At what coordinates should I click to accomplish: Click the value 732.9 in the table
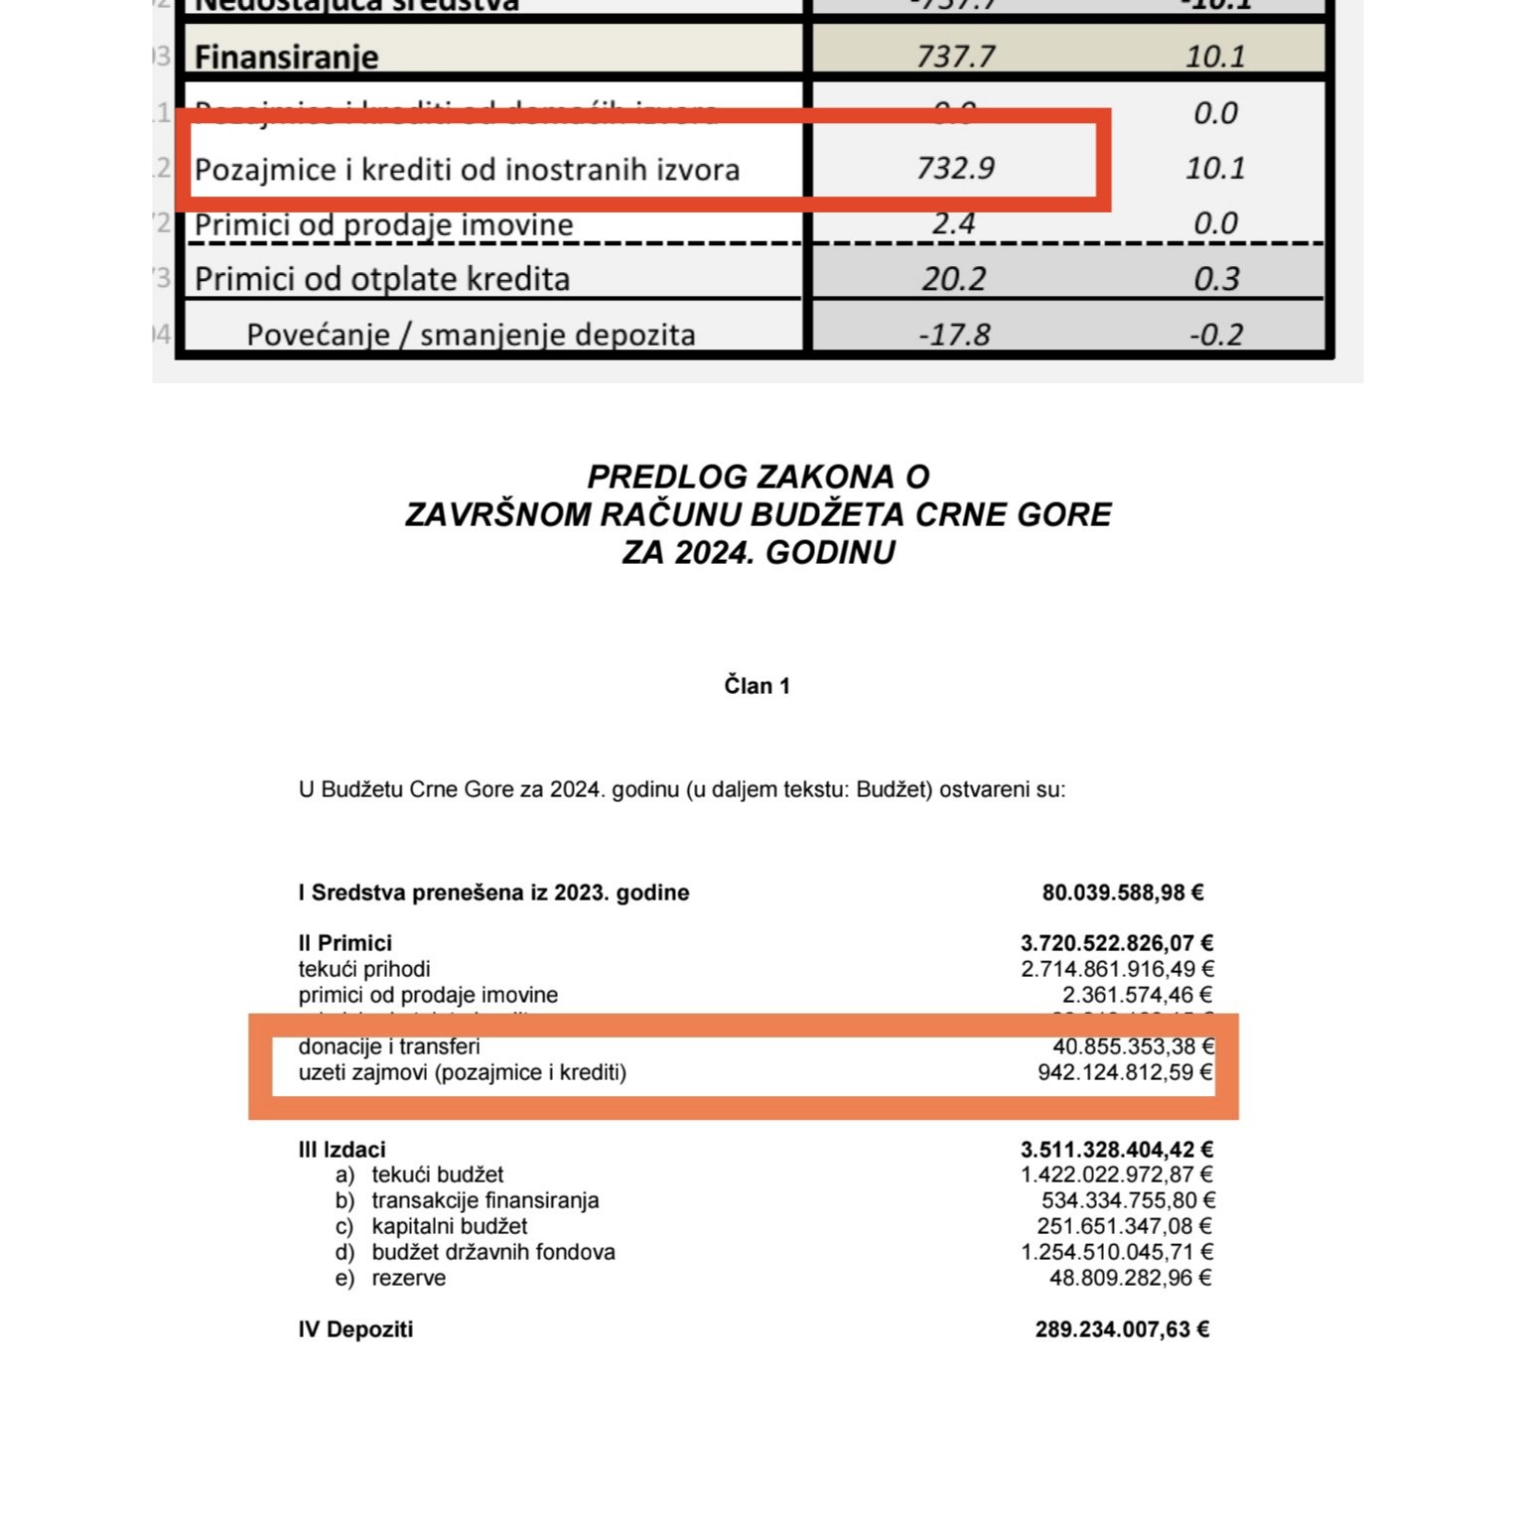coord(955,168)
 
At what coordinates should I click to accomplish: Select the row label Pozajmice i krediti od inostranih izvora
coord(467,170)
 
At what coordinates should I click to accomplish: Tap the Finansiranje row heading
coord(286,58)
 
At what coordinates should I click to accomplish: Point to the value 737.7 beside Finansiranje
coord(955,57)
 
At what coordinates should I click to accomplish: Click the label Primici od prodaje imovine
coord(383,225)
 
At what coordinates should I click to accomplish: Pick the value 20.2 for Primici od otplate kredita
coord(953,279)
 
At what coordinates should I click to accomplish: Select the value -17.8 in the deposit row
coord(954,335)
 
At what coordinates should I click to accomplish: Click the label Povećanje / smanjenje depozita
coord(471,335)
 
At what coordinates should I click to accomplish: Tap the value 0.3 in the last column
coord(1216,279)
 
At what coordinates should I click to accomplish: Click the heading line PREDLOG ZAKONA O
coord(758,477)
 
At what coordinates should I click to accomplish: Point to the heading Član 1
coord(757,686)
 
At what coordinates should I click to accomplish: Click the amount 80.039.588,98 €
coord(1123,893)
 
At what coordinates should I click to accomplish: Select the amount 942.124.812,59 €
coord(1125,1072)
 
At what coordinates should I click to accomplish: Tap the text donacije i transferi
coord(389,1046)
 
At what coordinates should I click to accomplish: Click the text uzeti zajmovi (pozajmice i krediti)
coord(463,1072)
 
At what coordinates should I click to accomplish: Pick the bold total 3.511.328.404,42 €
coord(1117,1150)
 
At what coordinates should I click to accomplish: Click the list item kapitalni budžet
coord(450,1226)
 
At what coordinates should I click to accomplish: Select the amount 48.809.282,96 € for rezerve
coord(1131,1278)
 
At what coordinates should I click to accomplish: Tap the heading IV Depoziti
coord(355,1329)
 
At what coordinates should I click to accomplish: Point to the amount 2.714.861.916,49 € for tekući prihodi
coord(1118,969)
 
